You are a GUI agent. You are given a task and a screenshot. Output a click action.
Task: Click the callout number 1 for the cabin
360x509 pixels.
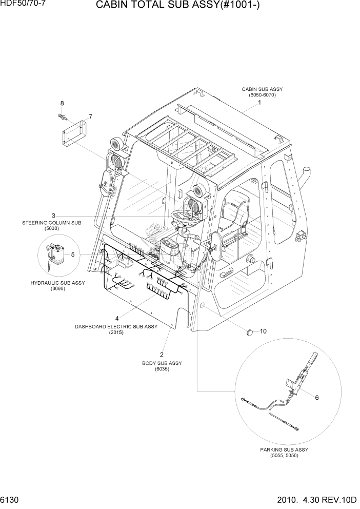[259, 103]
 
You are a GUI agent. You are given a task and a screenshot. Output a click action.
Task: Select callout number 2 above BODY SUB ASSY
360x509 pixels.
[162, 355]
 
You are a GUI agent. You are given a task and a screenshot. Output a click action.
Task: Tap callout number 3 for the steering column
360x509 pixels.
[53, 215]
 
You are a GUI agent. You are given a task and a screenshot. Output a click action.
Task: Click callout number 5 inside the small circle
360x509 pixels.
[73, 254]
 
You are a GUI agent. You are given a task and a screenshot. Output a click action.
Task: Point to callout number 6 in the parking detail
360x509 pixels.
[317, 397]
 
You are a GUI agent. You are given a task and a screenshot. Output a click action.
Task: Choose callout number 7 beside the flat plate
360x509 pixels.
[90, 116]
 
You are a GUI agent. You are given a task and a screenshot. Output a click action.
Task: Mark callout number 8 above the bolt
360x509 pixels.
[62, 104]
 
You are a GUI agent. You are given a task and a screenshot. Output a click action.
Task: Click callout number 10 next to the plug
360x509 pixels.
[263, 331]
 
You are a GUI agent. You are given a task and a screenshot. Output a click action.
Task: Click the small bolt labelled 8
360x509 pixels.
[62, 117]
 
